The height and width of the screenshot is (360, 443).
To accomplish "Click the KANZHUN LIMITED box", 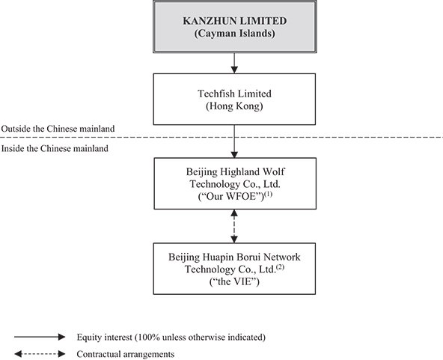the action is [x=234, y=27].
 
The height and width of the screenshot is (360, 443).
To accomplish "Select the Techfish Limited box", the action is [x=234, y=100].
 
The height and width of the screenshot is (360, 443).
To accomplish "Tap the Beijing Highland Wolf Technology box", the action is [x=235, y=183].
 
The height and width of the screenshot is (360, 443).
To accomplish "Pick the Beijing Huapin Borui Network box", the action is [x=234, y=269].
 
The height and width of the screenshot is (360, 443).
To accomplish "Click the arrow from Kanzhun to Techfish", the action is [x=234, y=64].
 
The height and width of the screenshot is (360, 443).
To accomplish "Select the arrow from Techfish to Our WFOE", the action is [x=234, y=141].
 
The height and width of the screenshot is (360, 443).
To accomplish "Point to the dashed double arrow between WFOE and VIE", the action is [x=234, y=226].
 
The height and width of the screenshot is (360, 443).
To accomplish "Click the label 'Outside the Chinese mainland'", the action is [x=58, y=129].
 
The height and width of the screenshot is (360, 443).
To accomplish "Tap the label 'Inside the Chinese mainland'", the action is [x=55, y=149].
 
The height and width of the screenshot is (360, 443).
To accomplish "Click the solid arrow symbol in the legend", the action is [x=40, y=337].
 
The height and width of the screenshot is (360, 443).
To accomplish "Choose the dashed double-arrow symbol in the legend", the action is [x=40, y=354].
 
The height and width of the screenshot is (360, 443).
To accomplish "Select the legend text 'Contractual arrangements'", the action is [x=126, y=354].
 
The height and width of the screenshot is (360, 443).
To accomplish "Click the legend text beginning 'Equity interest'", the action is [x=171, y=337].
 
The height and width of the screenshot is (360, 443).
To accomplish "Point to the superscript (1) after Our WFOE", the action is [x=268, y=194].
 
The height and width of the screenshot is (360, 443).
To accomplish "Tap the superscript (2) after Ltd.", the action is [x=280, y=266].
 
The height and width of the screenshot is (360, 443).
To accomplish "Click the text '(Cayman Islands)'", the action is [x=234, y=34].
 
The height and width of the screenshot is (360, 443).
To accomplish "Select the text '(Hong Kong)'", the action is [x=234, y=106].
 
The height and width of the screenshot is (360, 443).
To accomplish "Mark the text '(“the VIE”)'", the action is [x=234, y=281].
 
